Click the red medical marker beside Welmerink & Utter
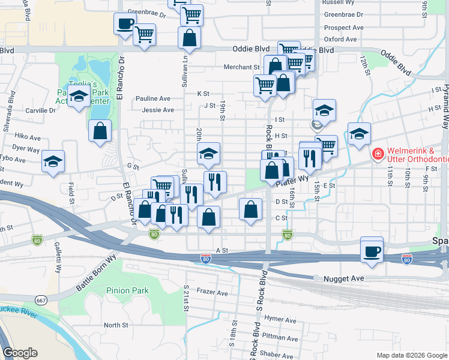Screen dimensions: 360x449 [x=378, y=154]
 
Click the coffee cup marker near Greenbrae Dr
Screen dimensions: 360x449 [x=125, y=24]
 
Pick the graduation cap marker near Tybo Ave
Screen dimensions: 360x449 [x=53, y=161]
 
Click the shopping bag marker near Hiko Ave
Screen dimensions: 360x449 [x=100, y=131]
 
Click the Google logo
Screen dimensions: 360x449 [x=20, y=353]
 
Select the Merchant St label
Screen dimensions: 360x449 [x=241, y=67]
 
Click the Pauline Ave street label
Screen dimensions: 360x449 [x=153, y=98]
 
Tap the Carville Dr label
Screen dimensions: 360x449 [x=40, y=110]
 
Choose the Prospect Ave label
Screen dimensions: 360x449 [x=343, y=28]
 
